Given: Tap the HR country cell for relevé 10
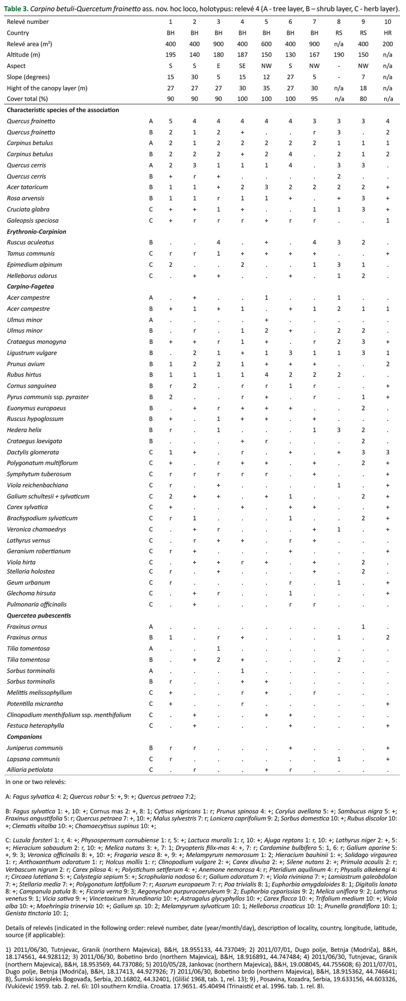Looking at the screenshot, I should point(387,33).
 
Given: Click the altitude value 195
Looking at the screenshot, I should point(171,55).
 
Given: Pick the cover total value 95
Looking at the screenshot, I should point(315,99).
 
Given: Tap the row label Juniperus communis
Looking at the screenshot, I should point(28,747).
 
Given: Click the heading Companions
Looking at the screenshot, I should point(24,736).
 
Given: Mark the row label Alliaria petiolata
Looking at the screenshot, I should point(27,769).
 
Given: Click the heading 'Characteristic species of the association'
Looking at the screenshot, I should point(63,110).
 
